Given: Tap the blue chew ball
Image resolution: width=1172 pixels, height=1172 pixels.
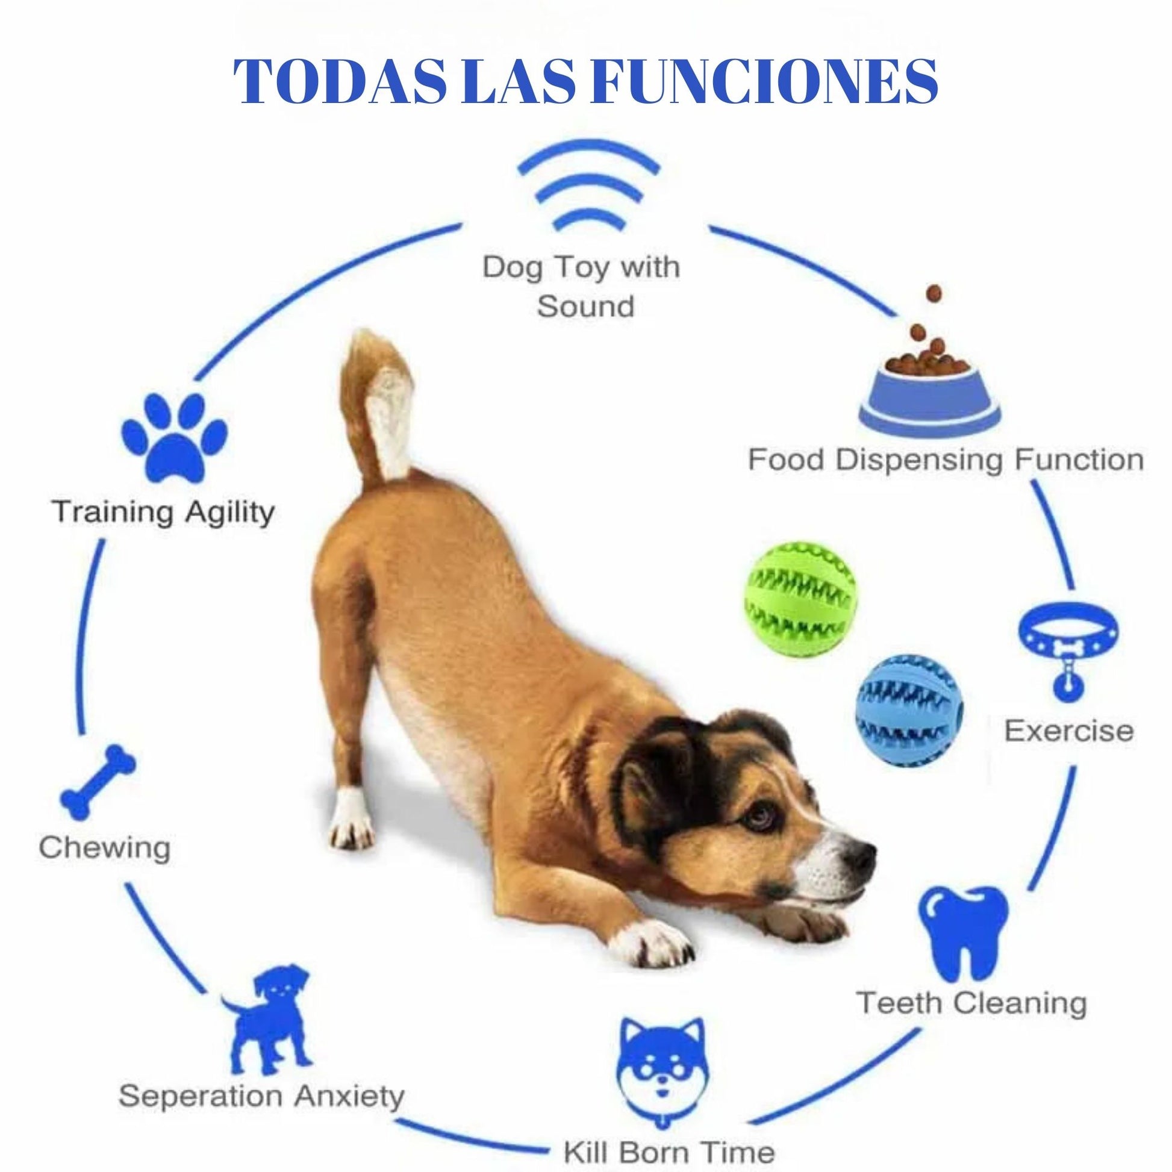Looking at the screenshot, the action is (x=909, y=708).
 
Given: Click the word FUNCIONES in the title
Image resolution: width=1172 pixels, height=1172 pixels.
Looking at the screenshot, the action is (x=768, y=81).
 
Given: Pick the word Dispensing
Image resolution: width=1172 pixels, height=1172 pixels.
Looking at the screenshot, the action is (x=920, y=460).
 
